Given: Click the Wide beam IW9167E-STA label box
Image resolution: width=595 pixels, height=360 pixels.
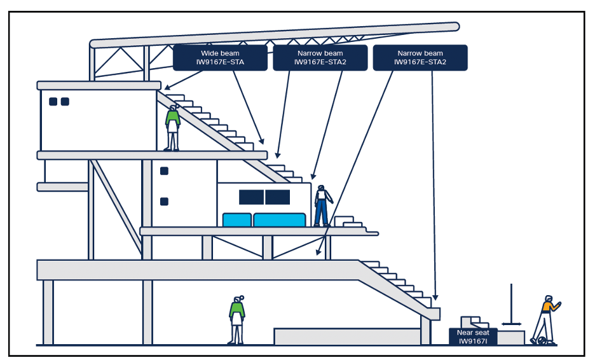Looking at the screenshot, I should pyautogui.click(x=218, y=58).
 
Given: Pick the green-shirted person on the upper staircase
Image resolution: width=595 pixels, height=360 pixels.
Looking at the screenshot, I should pyautogui.click(x=172, y=128).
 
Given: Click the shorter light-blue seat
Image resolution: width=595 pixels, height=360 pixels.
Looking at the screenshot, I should pyautogui.click(x=237, y=220).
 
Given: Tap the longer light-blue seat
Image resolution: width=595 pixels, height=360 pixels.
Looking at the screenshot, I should pyautogui.click(x=280, y=220).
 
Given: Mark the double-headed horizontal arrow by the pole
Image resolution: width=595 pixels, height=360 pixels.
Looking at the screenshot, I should pyautogui.click(x=510, y=324).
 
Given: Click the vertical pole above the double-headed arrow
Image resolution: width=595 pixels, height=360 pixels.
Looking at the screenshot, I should pyautogui.click(x=510, y=301).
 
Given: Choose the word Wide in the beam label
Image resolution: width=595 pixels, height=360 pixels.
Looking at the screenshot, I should pyautogui.click(x=209, y=53).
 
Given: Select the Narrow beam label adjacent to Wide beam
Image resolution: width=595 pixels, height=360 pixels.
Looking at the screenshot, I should pyautogui.click(x=320, y=58).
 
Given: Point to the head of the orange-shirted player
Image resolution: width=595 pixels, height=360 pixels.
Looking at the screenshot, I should pyautogui.click(x=549, y=299).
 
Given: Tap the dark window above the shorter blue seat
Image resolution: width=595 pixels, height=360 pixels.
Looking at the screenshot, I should pyautogui.click(x=251, y=197).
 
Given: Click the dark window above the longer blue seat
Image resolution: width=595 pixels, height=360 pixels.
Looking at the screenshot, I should pyautogui.click(x=278, y=197).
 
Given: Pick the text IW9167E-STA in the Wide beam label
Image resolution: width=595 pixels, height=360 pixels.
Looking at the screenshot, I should pyautogui.click(x=218, y=62).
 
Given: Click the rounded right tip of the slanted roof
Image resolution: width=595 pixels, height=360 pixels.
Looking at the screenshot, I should pyautogui.click(x=455, y=27).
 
